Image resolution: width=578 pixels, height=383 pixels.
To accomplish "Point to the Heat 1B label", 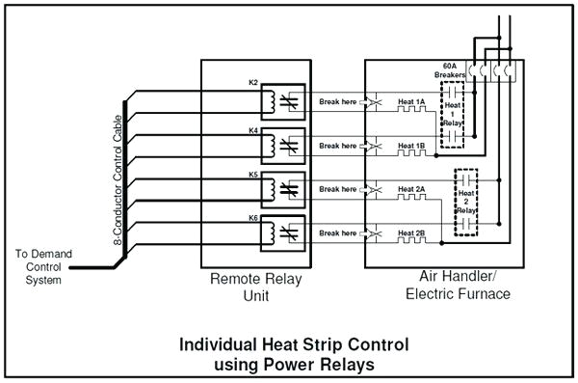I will [411, 145].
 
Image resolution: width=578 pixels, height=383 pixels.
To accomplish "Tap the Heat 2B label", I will [411, 233].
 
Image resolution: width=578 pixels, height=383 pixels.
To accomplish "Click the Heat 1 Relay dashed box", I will [453, 115].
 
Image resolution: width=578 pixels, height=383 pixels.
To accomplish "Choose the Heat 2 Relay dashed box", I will [466, 202].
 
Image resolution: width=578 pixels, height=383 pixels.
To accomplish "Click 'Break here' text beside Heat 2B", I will [338, 233].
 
